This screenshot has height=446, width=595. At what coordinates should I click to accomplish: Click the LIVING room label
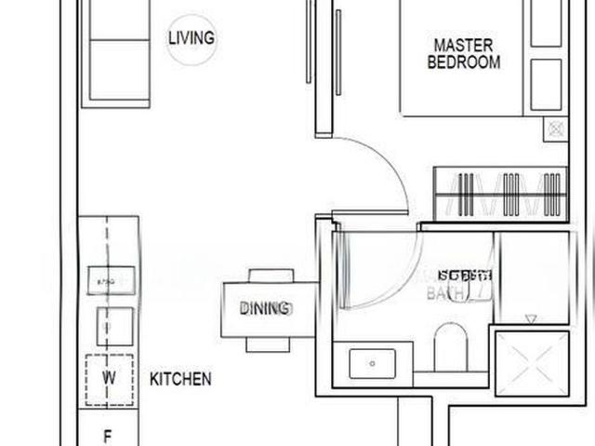click(x=192, y=38)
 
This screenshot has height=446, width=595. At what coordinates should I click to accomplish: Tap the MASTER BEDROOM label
click(x=463, y=54)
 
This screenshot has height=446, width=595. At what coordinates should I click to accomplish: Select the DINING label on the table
click(x=265, y=308)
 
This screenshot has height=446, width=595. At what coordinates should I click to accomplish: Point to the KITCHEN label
click(x=180, y=379)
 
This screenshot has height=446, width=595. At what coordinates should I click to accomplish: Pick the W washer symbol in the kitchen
click(x=109, y=379)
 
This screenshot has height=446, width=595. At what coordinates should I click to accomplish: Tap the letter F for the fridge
click(x=108, y=435)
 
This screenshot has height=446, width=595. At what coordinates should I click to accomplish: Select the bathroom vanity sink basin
click(x=373, y=362)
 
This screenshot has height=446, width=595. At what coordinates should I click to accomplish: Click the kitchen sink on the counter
click(x=114, y=327)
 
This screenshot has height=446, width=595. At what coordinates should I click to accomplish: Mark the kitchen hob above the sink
click(x=110, y=278)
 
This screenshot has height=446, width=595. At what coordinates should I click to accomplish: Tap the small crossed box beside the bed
click(x=556, y=128)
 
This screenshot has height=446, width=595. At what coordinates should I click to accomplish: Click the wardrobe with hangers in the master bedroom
click(x=500, y=194)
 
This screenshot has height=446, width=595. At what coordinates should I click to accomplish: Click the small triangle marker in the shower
click(x=531, y=318)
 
